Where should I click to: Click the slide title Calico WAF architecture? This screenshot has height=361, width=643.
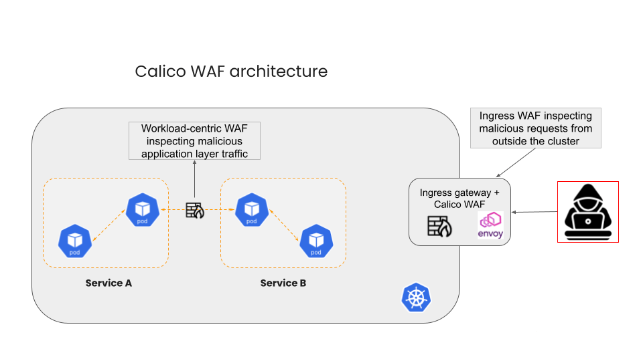(231, 71)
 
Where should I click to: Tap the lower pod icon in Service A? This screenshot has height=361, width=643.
(74, 241)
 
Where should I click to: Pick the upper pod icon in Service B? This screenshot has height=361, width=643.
(251, 209)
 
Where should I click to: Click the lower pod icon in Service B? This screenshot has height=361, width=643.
(316, 241)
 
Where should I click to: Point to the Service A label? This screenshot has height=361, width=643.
(109, 283)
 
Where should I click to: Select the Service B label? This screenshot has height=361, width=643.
(283, 283)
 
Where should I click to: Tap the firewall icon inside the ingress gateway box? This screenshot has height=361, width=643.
(439, 227)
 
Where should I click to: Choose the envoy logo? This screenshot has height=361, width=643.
(490, 225)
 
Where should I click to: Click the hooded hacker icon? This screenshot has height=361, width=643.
(587, 211)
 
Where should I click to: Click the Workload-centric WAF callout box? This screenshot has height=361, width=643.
(194, 140)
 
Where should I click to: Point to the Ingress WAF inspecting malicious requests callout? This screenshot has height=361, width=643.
(536, 128)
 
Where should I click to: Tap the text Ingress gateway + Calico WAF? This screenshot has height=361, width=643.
(459, 199)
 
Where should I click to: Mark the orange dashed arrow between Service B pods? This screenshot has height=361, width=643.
(284, 225)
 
